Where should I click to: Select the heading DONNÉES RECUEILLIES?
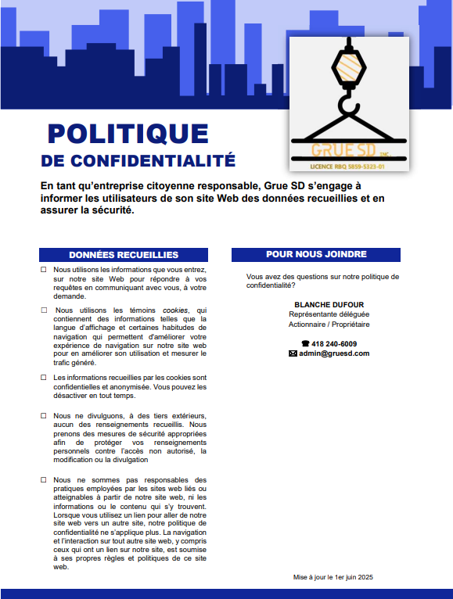(124, 255)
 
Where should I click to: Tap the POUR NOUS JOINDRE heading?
(316, 254)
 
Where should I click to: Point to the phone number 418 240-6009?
(334, 343)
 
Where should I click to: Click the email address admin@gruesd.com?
(334, 353)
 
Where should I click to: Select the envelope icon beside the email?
(293, 353)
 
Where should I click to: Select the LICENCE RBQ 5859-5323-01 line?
(348, 167)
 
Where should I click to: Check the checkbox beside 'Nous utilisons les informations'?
(44, 269)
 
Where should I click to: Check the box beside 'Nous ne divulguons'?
(44, 414)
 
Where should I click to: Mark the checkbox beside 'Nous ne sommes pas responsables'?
(44, 479)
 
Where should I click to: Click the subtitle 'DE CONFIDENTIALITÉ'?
(138, 161)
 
